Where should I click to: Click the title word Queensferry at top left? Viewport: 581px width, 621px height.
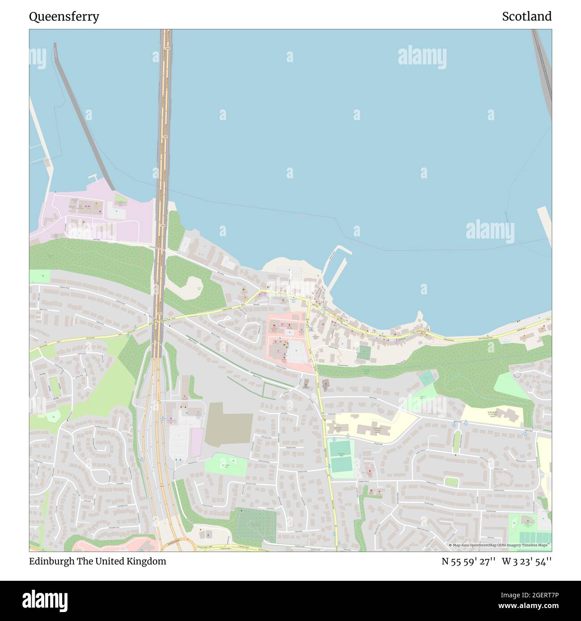[x=64, y=17]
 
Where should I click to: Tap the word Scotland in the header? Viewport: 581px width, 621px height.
[x=526, y=17]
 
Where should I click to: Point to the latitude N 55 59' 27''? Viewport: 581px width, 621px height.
[x=468, y=561]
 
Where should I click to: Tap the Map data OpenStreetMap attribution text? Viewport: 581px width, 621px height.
[x=499, y=545]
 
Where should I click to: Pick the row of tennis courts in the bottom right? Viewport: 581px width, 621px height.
[x=535, y=536]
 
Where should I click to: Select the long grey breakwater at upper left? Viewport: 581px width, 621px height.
[x=85, y=116]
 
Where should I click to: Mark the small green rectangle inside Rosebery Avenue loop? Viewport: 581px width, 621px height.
[x=451, y=481]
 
